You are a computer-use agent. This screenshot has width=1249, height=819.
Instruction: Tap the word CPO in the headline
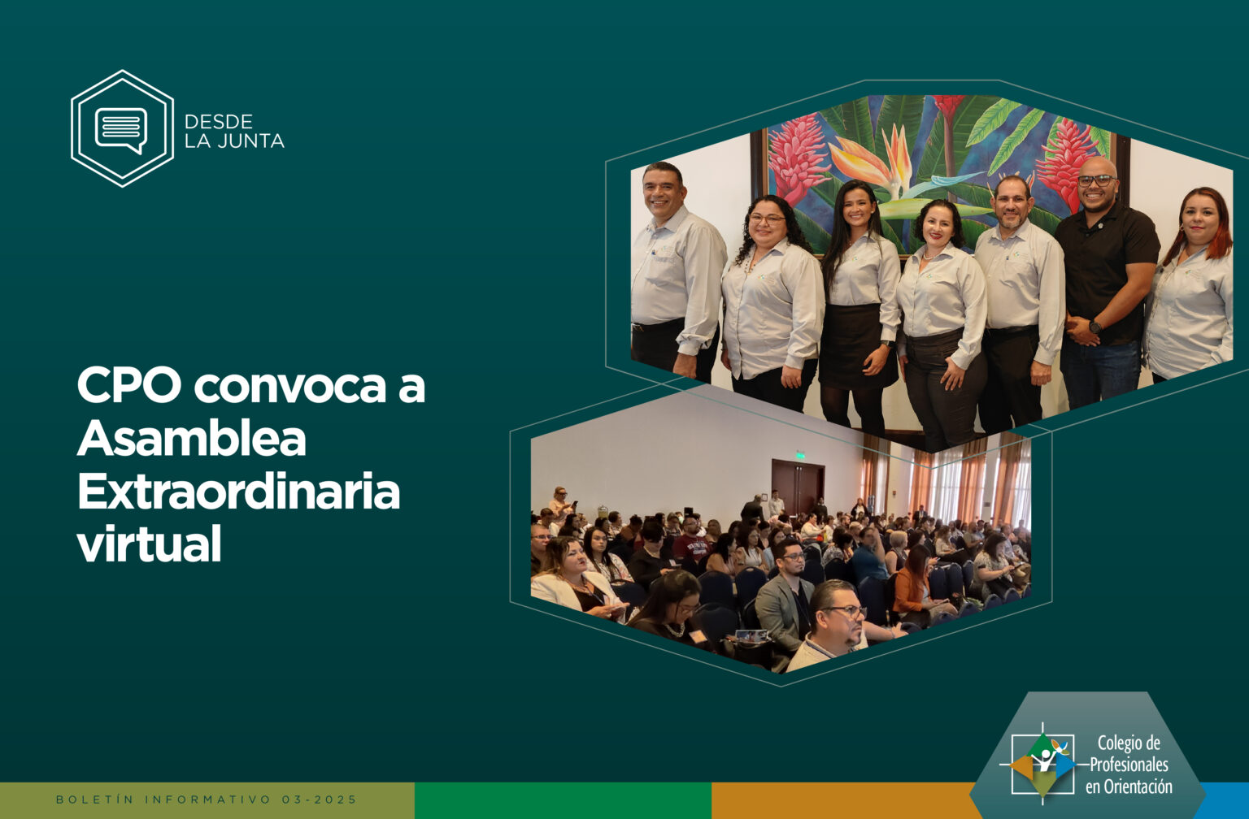[x=129, y=385]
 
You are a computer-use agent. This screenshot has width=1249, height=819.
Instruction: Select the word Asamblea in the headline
[x=191, y=438]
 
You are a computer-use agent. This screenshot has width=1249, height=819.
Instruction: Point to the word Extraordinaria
[x=238, y=491]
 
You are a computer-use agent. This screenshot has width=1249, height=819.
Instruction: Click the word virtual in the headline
[x=150, y=544]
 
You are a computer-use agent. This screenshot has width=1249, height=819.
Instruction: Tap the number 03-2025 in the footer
[x=319, y=799]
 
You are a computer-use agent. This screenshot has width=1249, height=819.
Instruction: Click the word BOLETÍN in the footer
[x=95, y=799]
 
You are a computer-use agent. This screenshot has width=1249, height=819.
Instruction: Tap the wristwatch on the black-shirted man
[x=1095, y=327]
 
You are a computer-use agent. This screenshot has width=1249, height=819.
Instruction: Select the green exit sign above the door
[x=800, y=455]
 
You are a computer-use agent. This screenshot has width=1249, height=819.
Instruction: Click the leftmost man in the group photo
[x=675, y=267]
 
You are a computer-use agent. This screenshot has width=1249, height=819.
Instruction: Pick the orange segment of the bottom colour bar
[x=842, y=800]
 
